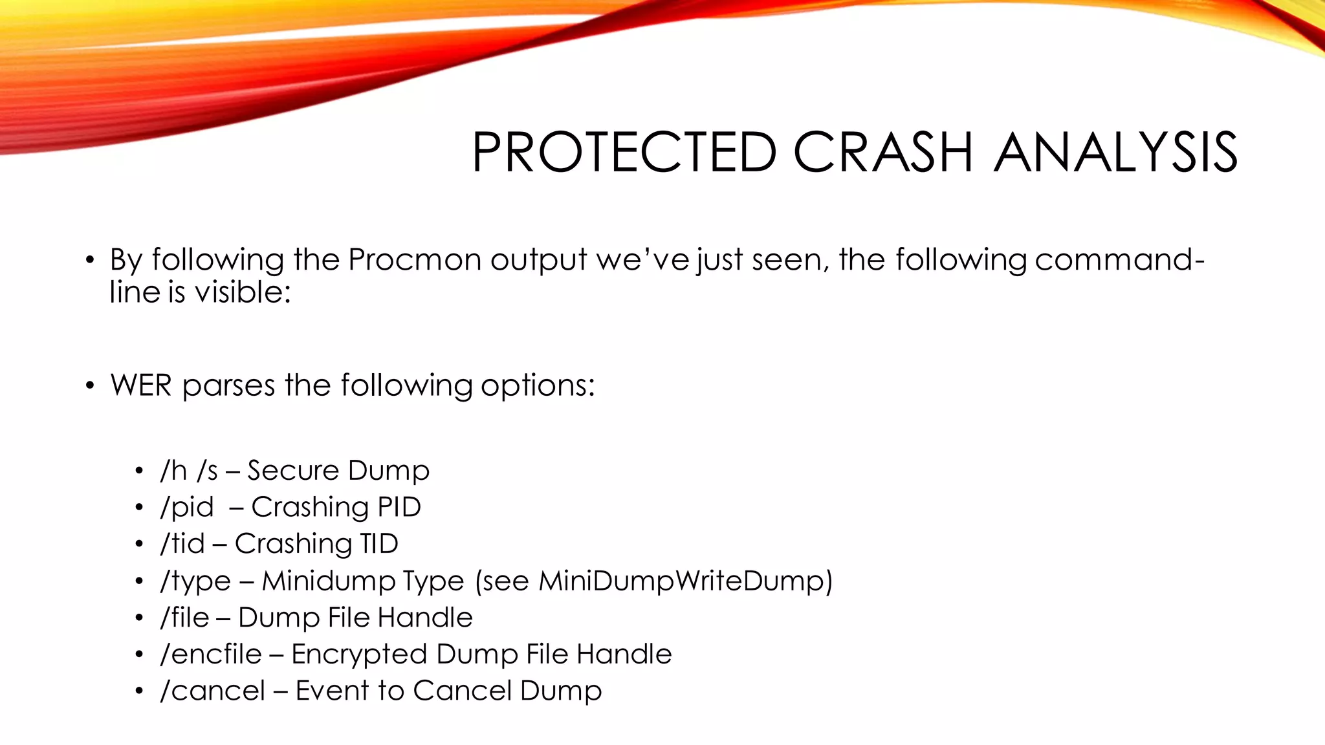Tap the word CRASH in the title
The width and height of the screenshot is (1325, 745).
tap(883, 153)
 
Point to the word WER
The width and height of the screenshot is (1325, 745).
tap(140, 385)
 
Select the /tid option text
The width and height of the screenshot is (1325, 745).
tap(182, 544)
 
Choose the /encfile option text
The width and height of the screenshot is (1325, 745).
tap(210, 654)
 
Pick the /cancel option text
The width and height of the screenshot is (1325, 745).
tap(212, 691)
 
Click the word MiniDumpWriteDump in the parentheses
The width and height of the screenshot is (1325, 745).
tap(681, 581)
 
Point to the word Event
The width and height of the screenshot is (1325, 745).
tap(333, 691)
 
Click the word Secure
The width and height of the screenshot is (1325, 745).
tap(284, 471)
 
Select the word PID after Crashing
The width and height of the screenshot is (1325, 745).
tap(399, 507)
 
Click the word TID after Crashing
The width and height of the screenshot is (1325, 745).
tap(379, 544)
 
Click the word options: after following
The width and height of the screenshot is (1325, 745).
tap(538, 386)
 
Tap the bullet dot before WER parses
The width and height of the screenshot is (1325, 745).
tap(90, 386)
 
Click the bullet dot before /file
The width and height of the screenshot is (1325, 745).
tap(138, 618)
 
